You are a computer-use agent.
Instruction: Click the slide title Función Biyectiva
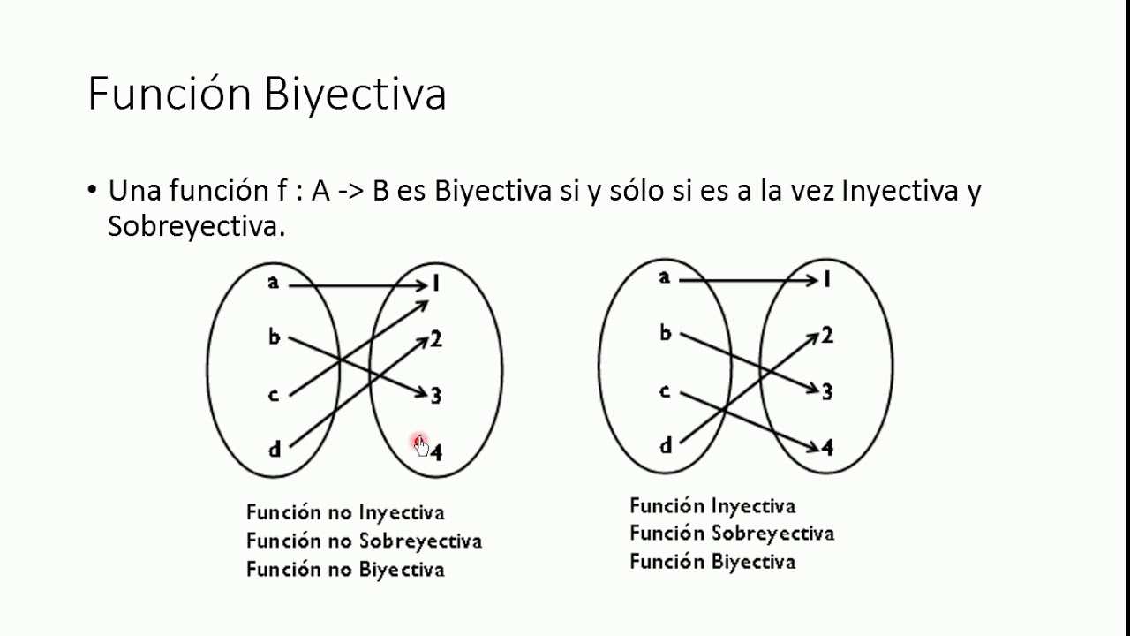click(267, 94)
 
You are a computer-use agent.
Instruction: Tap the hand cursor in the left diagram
click(420, 446)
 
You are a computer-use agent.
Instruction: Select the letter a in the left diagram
click(274, 282)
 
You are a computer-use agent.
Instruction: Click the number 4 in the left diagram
click(437, 452)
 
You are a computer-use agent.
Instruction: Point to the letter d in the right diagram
click(666, 445)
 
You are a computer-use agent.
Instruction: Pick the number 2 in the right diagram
click(827, 335)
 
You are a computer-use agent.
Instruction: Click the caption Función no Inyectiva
click(345, 512)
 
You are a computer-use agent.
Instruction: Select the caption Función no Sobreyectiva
click(364, 541)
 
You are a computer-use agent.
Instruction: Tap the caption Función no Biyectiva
click(345, 569)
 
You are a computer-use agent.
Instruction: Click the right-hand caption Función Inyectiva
click(712, 506)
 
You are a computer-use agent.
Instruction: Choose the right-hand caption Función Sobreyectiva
click(732, 534)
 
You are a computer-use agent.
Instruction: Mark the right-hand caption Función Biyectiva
click(712, 562)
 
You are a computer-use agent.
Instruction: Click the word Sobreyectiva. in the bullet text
click(197, 226)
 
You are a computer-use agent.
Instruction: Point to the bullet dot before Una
click(92, 191)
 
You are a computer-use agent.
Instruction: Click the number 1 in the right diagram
click(827, 280)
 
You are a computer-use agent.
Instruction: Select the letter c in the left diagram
click(274, 394)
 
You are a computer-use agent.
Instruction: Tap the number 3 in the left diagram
click(436, 396)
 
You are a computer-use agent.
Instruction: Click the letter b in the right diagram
click(666, 333)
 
